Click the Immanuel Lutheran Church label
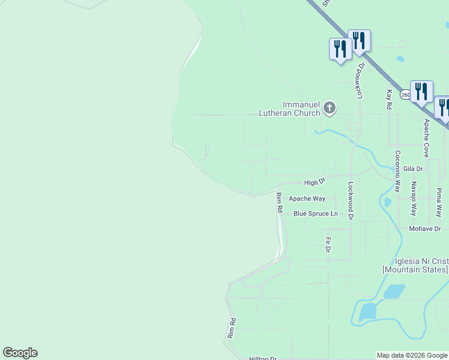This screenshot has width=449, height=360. click(289, 108)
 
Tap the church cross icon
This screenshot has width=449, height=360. click(329, 109)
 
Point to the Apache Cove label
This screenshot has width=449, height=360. click(426, 138)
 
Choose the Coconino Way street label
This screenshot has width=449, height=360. click(397, 171)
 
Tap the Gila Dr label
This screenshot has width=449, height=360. click(413, 169)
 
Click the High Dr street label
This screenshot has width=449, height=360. click(314, 182)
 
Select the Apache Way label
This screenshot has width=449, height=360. click(307, 199)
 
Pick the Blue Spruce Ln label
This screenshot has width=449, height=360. click(316, 214)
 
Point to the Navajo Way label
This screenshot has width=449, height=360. click(413, 199)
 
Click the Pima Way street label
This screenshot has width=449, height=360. click(439, 202)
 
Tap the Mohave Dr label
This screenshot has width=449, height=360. click(425, 229)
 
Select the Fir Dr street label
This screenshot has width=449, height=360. click(328, 244)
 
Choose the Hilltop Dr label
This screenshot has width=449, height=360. click(263, 358)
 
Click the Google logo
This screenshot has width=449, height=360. click(20, 353)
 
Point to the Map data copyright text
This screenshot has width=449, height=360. click(412, 356)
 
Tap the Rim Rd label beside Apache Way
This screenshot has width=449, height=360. click(279, 203)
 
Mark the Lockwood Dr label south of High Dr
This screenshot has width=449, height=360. click(351, 201)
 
